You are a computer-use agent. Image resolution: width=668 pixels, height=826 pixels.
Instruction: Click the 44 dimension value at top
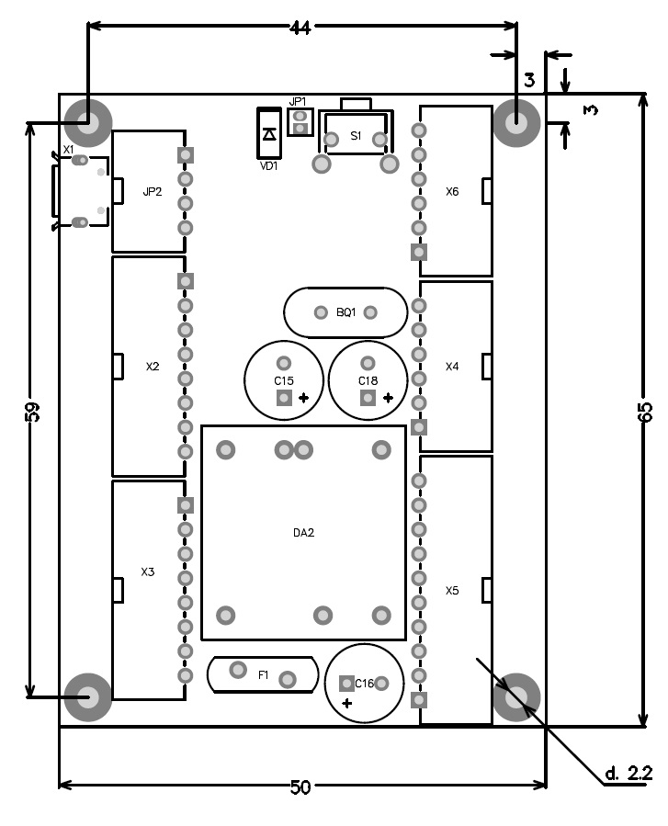click(300, 28)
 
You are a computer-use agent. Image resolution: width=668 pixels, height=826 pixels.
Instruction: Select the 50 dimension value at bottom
click(300, 787)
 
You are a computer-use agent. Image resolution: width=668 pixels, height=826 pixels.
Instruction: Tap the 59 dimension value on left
click(33, 412)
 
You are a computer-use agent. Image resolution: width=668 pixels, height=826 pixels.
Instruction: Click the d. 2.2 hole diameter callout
click(628, 774)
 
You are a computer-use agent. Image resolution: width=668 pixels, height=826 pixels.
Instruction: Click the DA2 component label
click(303, 533)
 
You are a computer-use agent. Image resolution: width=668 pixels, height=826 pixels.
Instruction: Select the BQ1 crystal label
click(345, 313)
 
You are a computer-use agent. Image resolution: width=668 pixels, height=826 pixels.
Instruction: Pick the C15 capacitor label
click(283, 380)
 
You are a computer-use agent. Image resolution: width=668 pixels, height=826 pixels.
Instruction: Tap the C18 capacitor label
click(368, 380)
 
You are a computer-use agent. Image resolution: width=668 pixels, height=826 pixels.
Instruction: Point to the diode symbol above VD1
click(269, 134)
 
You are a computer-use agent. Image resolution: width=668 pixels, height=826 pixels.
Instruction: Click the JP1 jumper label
click(298, 102)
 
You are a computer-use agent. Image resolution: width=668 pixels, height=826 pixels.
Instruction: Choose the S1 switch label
click(356, 136)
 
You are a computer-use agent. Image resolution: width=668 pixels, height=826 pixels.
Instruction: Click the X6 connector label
click(452, 192)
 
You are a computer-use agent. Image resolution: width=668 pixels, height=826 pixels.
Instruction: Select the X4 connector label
click(452, 367)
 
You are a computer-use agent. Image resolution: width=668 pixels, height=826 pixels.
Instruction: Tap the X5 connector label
click(452, 591)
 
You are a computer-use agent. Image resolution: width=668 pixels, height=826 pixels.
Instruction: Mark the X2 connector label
click(153, 367)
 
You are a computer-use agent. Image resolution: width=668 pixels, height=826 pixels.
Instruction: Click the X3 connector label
click(148, 572)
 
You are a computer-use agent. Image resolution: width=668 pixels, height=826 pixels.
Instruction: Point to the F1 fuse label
click(263, 675)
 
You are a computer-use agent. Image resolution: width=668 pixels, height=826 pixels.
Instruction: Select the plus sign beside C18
click(389, 398)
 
